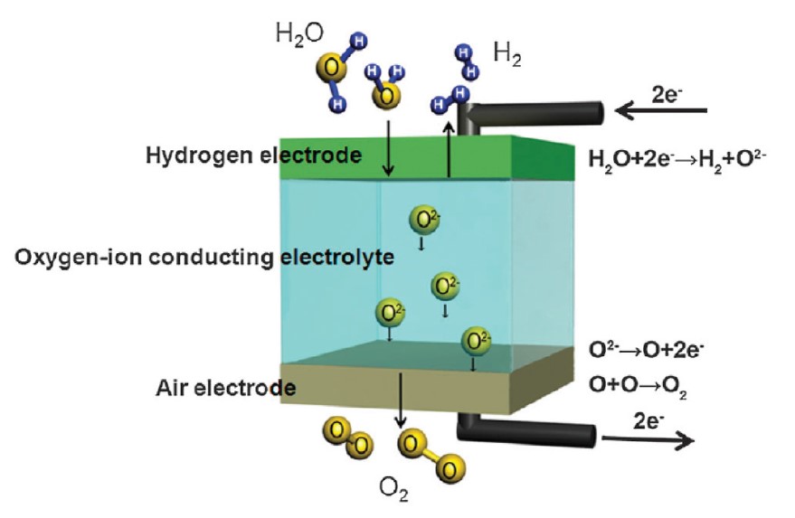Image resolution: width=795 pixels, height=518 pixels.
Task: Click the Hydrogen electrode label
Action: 253,155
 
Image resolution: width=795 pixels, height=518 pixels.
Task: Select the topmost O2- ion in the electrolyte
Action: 424,221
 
